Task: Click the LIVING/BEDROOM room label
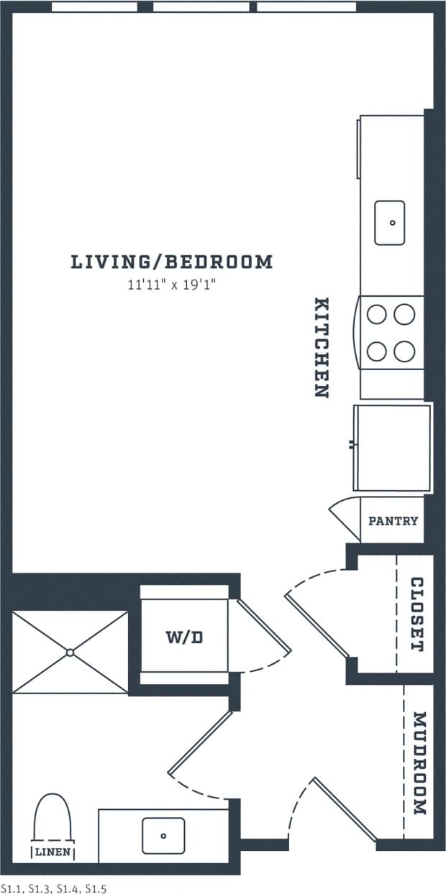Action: [172, 262]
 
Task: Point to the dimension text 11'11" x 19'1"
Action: [172, 285]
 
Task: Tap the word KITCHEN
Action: [322, 348]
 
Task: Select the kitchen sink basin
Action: [390, 223]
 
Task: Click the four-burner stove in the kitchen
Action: [392, 332]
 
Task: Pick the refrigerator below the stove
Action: [393, 448]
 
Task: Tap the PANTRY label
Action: [393, 521]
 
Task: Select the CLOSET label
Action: [417, 614]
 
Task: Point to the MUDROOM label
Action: [420, 763]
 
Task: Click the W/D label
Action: [183, 637]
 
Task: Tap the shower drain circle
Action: [70, 653]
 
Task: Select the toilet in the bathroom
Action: [54, 817]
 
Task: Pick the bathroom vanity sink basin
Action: [163, 835]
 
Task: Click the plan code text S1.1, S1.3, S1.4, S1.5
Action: [54, 888]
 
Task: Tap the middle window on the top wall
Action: [201, 6]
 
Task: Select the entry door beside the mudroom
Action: [344, 808]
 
